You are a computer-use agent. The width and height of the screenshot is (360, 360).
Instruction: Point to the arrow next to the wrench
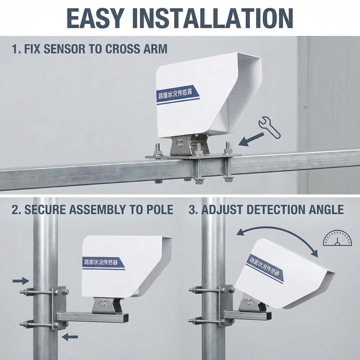click(250, 139)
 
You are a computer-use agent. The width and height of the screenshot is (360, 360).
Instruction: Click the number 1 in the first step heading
click(15, 49)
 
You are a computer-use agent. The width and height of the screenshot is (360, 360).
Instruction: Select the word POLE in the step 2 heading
click(158, 210)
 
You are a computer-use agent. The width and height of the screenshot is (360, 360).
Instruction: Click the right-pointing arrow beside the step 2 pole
click(20, 281)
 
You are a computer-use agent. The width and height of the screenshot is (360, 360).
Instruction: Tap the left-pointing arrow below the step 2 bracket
click(70, 336)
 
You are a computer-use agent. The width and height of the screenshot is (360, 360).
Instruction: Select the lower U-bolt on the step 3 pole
click(211, 321)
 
